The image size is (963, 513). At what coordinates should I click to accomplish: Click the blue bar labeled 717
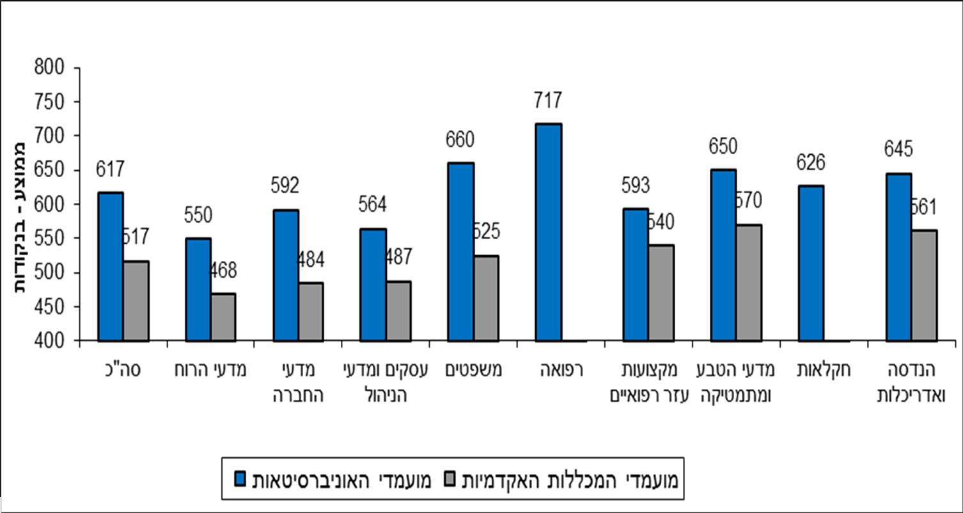[549, 232]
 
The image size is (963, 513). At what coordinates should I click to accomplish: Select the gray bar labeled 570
[749, 283]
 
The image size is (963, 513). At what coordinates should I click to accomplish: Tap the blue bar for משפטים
[461, 252]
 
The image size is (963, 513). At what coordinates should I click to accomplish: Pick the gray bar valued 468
[224, 317]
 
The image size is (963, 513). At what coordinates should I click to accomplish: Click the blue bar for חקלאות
[811, 263]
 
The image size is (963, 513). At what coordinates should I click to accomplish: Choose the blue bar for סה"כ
[110, 267]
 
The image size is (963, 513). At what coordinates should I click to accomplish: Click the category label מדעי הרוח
[211, 370]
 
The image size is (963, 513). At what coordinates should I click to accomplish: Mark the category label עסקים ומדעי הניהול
[385, 383]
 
